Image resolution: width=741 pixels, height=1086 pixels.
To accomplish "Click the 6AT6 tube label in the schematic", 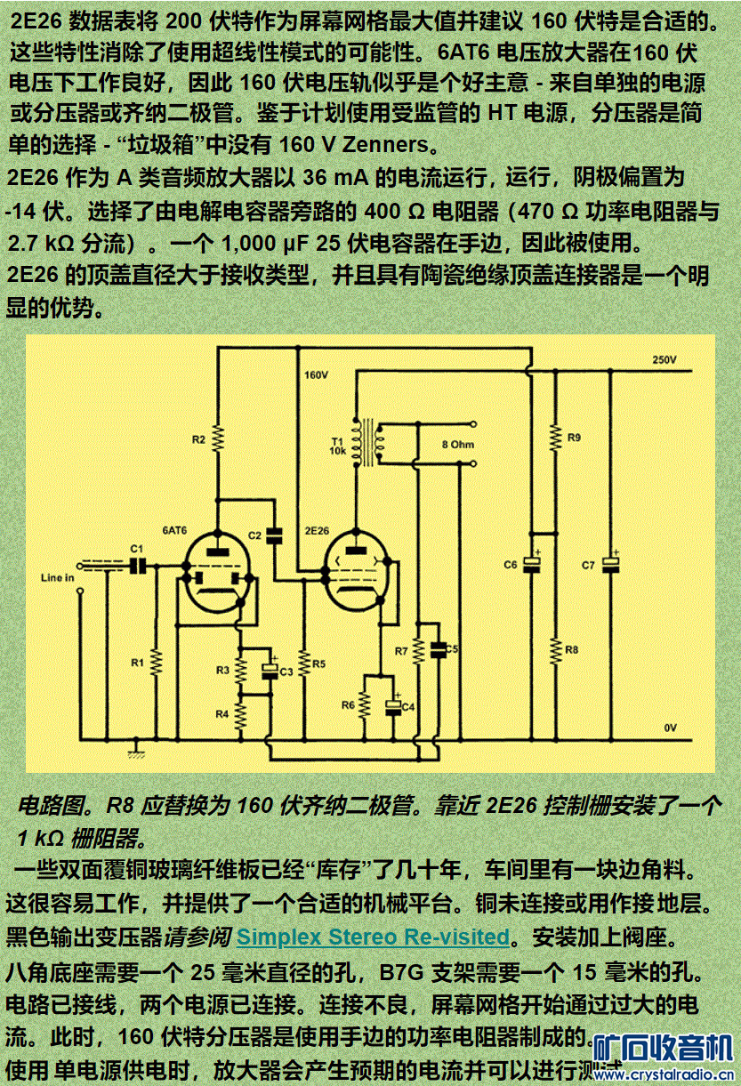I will tap(174, 531).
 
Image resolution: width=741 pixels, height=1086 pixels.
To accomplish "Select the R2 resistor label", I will tap(198, 439).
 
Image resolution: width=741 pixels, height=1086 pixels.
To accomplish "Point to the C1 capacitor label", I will tap(136, 548).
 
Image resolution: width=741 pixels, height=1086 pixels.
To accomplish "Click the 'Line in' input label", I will tap(58, 578).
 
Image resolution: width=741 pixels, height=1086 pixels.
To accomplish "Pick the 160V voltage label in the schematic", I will tap(317, 375).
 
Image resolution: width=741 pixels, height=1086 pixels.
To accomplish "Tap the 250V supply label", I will tap(664, 360).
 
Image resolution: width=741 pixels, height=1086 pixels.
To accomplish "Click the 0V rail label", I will tap(670, 728).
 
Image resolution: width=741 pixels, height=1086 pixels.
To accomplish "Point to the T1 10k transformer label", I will tap(338, 446).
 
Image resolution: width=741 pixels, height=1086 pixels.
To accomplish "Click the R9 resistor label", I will tap(574, 438).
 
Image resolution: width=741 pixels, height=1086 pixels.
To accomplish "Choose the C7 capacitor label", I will tap(588, 565).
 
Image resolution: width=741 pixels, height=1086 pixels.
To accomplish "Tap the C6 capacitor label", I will tap(510, 565).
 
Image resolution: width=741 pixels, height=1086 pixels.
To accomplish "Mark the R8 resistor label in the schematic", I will tap(572, 649).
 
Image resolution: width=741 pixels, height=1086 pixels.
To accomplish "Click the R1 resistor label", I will tap(137, 663).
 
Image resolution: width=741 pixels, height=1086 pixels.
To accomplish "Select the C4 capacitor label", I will tap(408, 706).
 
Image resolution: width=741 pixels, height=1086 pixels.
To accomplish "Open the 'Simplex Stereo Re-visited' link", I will tap(374, 937).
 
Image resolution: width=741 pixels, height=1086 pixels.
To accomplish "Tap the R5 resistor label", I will tap(319, 664).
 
